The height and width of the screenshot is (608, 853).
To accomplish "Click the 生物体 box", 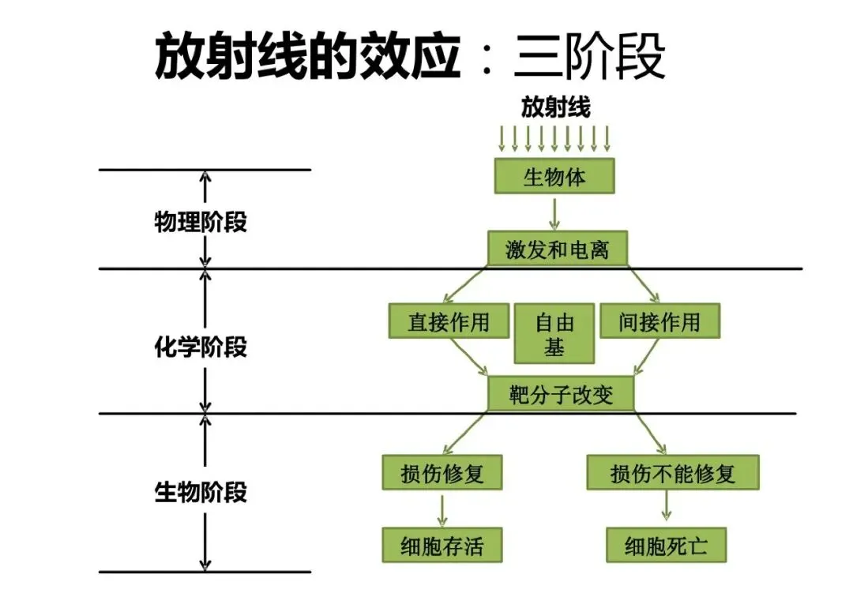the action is pos(554,176).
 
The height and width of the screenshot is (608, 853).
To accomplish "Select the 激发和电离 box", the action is pos(558,249).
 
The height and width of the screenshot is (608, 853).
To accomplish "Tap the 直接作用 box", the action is pos(449,321).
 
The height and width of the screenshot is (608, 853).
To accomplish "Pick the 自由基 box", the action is pos(554,334).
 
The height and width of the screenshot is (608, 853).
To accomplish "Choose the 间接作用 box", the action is pos(659,321).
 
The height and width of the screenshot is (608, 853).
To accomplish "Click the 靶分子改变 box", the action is pos(561,394).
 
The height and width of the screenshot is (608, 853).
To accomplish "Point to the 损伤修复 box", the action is pos(442,473).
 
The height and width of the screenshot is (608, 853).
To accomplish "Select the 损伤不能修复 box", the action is pos(673,473).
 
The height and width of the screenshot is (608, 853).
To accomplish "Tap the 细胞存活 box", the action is pos(442,545).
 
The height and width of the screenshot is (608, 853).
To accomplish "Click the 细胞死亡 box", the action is pos(667,545).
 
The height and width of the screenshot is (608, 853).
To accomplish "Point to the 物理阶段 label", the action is pos(201,221).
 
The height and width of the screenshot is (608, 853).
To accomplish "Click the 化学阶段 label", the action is pos(201,347).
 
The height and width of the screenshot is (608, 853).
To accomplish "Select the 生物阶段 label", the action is pos(201,492).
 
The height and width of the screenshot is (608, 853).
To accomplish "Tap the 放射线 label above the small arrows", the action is pos(555,107).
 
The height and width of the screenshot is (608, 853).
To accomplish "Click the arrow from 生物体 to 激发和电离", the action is pos(554,214).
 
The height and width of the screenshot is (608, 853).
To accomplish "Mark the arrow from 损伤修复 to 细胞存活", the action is pos(442,510).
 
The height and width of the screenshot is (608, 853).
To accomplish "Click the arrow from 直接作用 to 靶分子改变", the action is pos(468,357).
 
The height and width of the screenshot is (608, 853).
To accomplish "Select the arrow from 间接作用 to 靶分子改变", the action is pos(647,357).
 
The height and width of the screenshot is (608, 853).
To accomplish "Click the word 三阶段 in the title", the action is pos(589,56).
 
